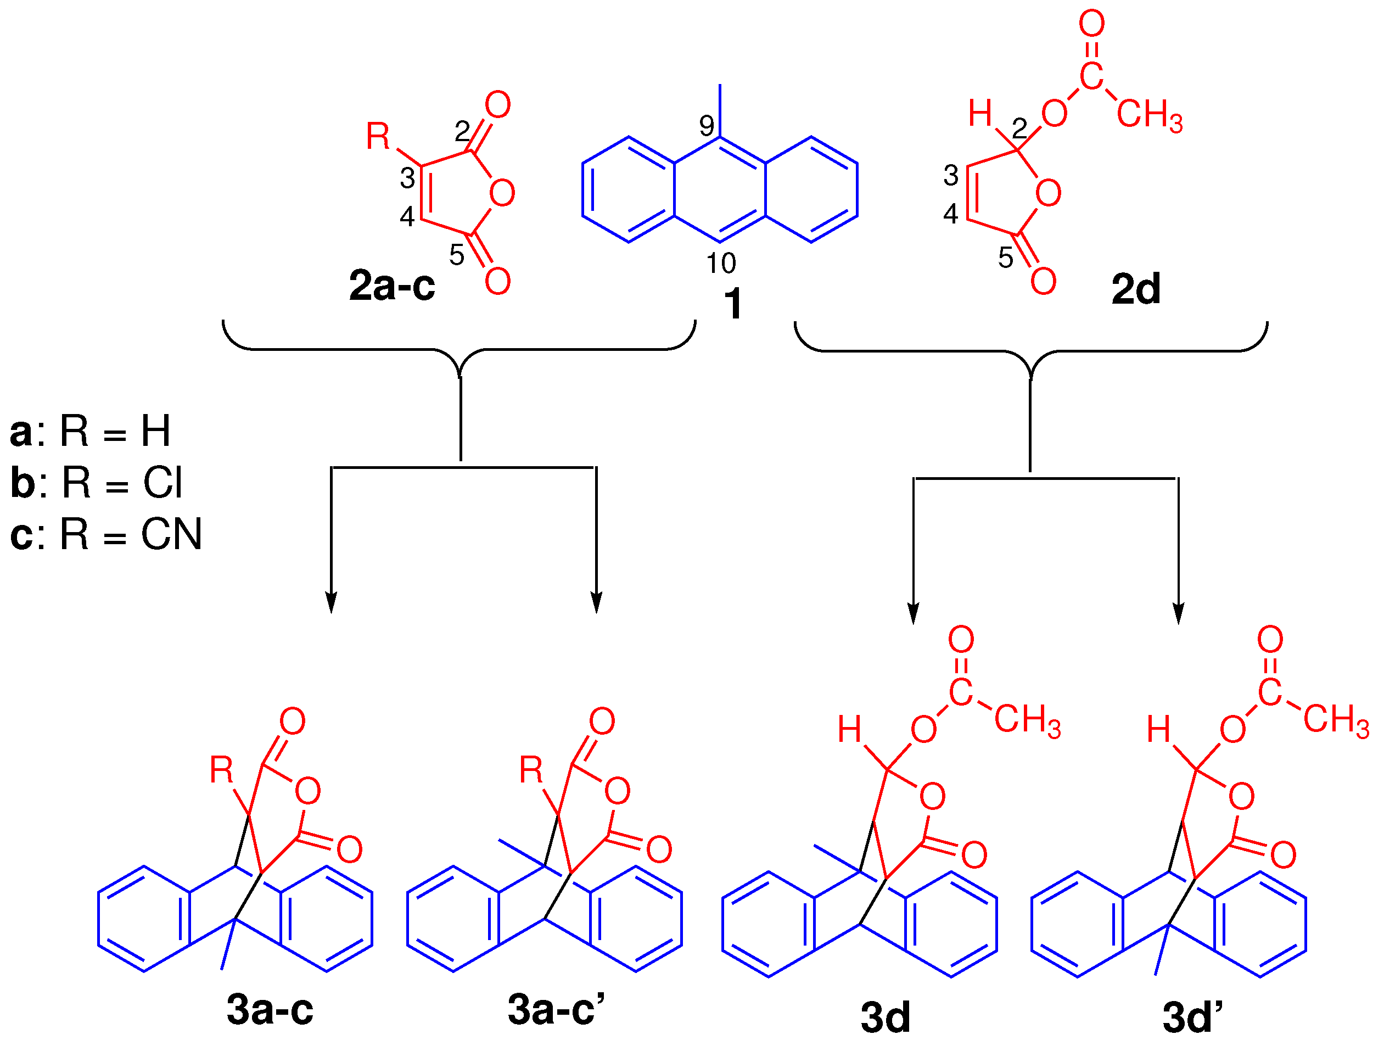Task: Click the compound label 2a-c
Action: [391, 286]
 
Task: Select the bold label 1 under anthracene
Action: [732, 305]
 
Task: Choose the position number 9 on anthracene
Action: [707, 126]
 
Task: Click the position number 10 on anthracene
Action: [721, 264]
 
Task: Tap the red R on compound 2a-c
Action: [378, 137]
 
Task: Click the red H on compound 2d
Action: [980, 113]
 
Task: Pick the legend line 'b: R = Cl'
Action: [97, 483]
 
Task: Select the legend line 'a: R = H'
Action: [91, 431]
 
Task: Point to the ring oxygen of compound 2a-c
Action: [502, 192]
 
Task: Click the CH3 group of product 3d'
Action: [1336, 719]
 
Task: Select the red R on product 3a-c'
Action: [531, 770]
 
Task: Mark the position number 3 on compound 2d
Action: [950, 176]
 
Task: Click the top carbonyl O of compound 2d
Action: [1091, 24]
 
